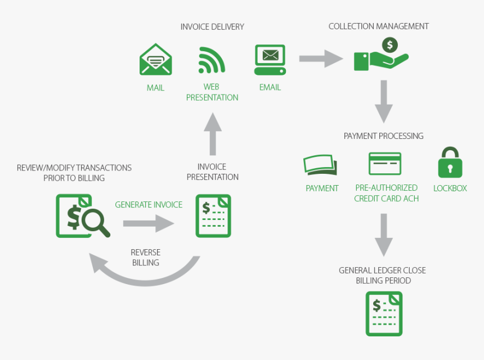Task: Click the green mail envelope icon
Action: click(155, 59)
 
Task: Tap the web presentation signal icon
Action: click(212, 60)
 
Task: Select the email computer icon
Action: click(270, 60)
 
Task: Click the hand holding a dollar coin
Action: click(381, 55)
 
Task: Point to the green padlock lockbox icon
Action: click(450, 163)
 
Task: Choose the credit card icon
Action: click(385, 164)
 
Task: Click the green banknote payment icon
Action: click(320, 165)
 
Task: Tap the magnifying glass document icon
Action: click(82, 215)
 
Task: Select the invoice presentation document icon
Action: click(213, 215)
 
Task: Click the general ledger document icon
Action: click(384, 313)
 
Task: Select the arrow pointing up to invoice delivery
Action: click(212, 133)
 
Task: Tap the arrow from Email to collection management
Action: click(321, 58)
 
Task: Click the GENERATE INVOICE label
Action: click(149, 205)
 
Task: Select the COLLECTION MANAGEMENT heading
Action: click(378, 26)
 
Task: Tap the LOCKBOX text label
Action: click(450, 188)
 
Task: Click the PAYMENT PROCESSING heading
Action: click(383, 136)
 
